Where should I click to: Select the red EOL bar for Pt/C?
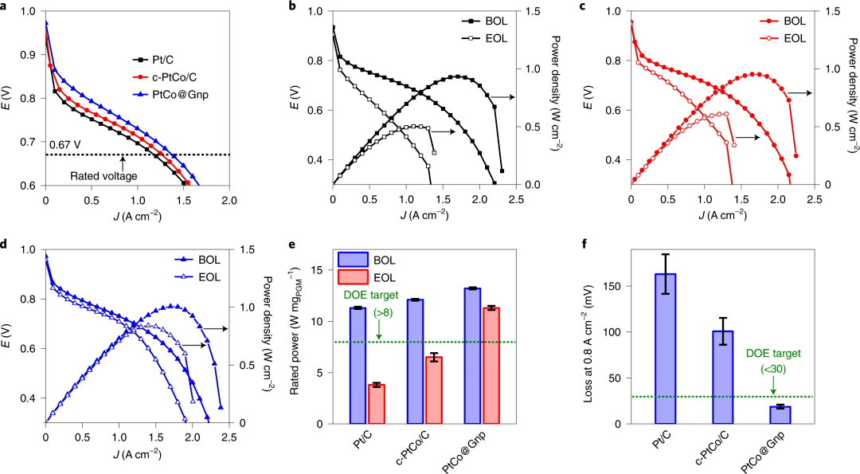[x=376, y=404]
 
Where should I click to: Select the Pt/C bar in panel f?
[x=664, y=348]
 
